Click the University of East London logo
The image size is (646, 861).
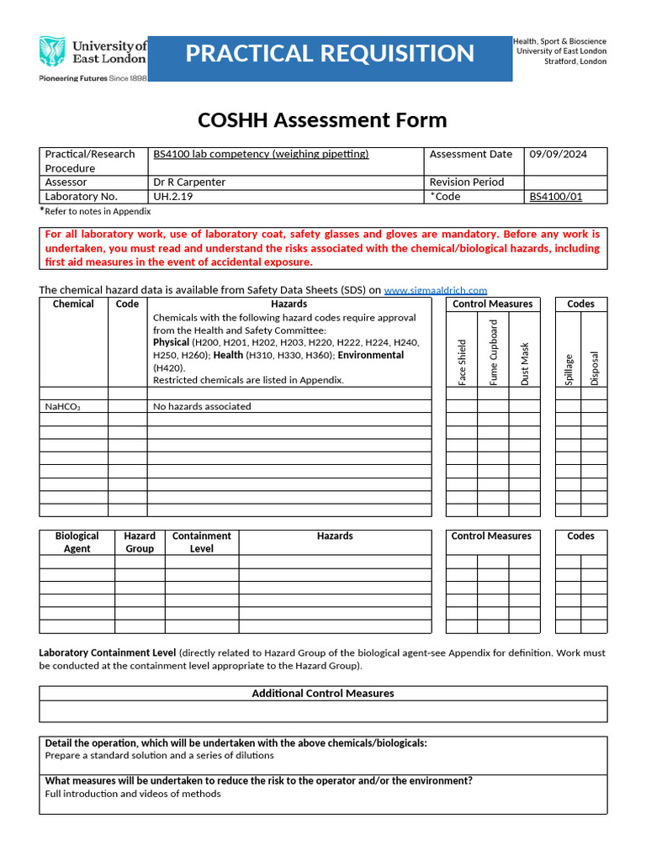click(93, 58)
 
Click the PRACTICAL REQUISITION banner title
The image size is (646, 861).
click(330, 54)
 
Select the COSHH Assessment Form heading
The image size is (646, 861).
click(322, 120)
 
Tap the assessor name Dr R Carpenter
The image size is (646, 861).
click(189, 182)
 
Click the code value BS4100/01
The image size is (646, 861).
click(555, 197)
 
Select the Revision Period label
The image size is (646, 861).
click(467, 182)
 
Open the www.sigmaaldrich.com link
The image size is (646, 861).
click(435, 290)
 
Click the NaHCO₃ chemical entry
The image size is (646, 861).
click(63, 407)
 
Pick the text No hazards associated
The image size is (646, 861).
click(202, 406)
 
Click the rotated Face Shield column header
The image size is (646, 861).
click(462, 362)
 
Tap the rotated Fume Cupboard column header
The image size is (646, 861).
click(494, 352)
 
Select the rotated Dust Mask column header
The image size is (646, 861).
click(525, 364)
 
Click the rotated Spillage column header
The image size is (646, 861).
click(569, 369)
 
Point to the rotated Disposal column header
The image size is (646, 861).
click(595, 367)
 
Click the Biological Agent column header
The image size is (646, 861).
click(77, 542)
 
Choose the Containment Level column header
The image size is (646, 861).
click(201, 542)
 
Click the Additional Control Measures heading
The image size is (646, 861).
click(323, 694)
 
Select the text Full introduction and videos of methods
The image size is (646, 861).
click(133, 794)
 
